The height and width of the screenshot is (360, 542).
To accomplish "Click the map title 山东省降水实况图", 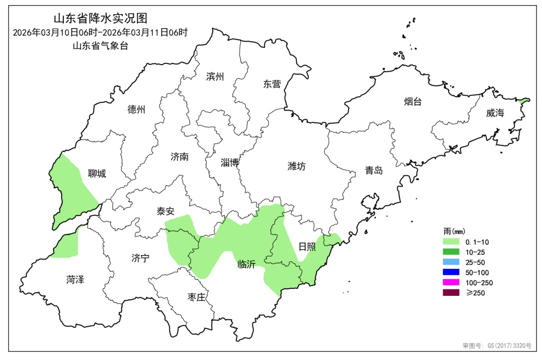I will [x=100, y=19].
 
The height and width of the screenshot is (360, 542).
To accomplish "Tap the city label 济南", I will [x=180, y=156].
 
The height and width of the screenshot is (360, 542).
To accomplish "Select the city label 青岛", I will [x=374, y=170].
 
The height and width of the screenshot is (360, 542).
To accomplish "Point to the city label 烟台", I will [x=413, y=102].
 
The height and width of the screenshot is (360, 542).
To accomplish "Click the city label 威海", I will [x=495, y=113].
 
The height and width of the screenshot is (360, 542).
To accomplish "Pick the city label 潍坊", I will [x=297, y=166].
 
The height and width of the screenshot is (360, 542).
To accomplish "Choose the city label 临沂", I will [x=246, y=265].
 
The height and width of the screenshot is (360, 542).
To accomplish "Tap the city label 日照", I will [x=307, y=246].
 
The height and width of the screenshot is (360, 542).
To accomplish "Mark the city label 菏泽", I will [x=75, y=279].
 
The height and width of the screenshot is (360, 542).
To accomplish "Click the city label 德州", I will [x=136, y=109].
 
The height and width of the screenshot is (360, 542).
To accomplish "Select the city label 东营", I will [x=272, y=84].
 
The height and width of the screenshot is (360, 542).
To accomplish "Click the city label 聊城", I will [x=97, y=173].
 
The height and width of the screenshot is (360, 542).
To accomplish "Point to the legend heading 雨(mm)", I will [x=455, y=231].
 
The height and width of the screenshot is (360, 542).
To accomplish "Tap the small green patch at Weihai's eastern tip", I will [x=524, y=101].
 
